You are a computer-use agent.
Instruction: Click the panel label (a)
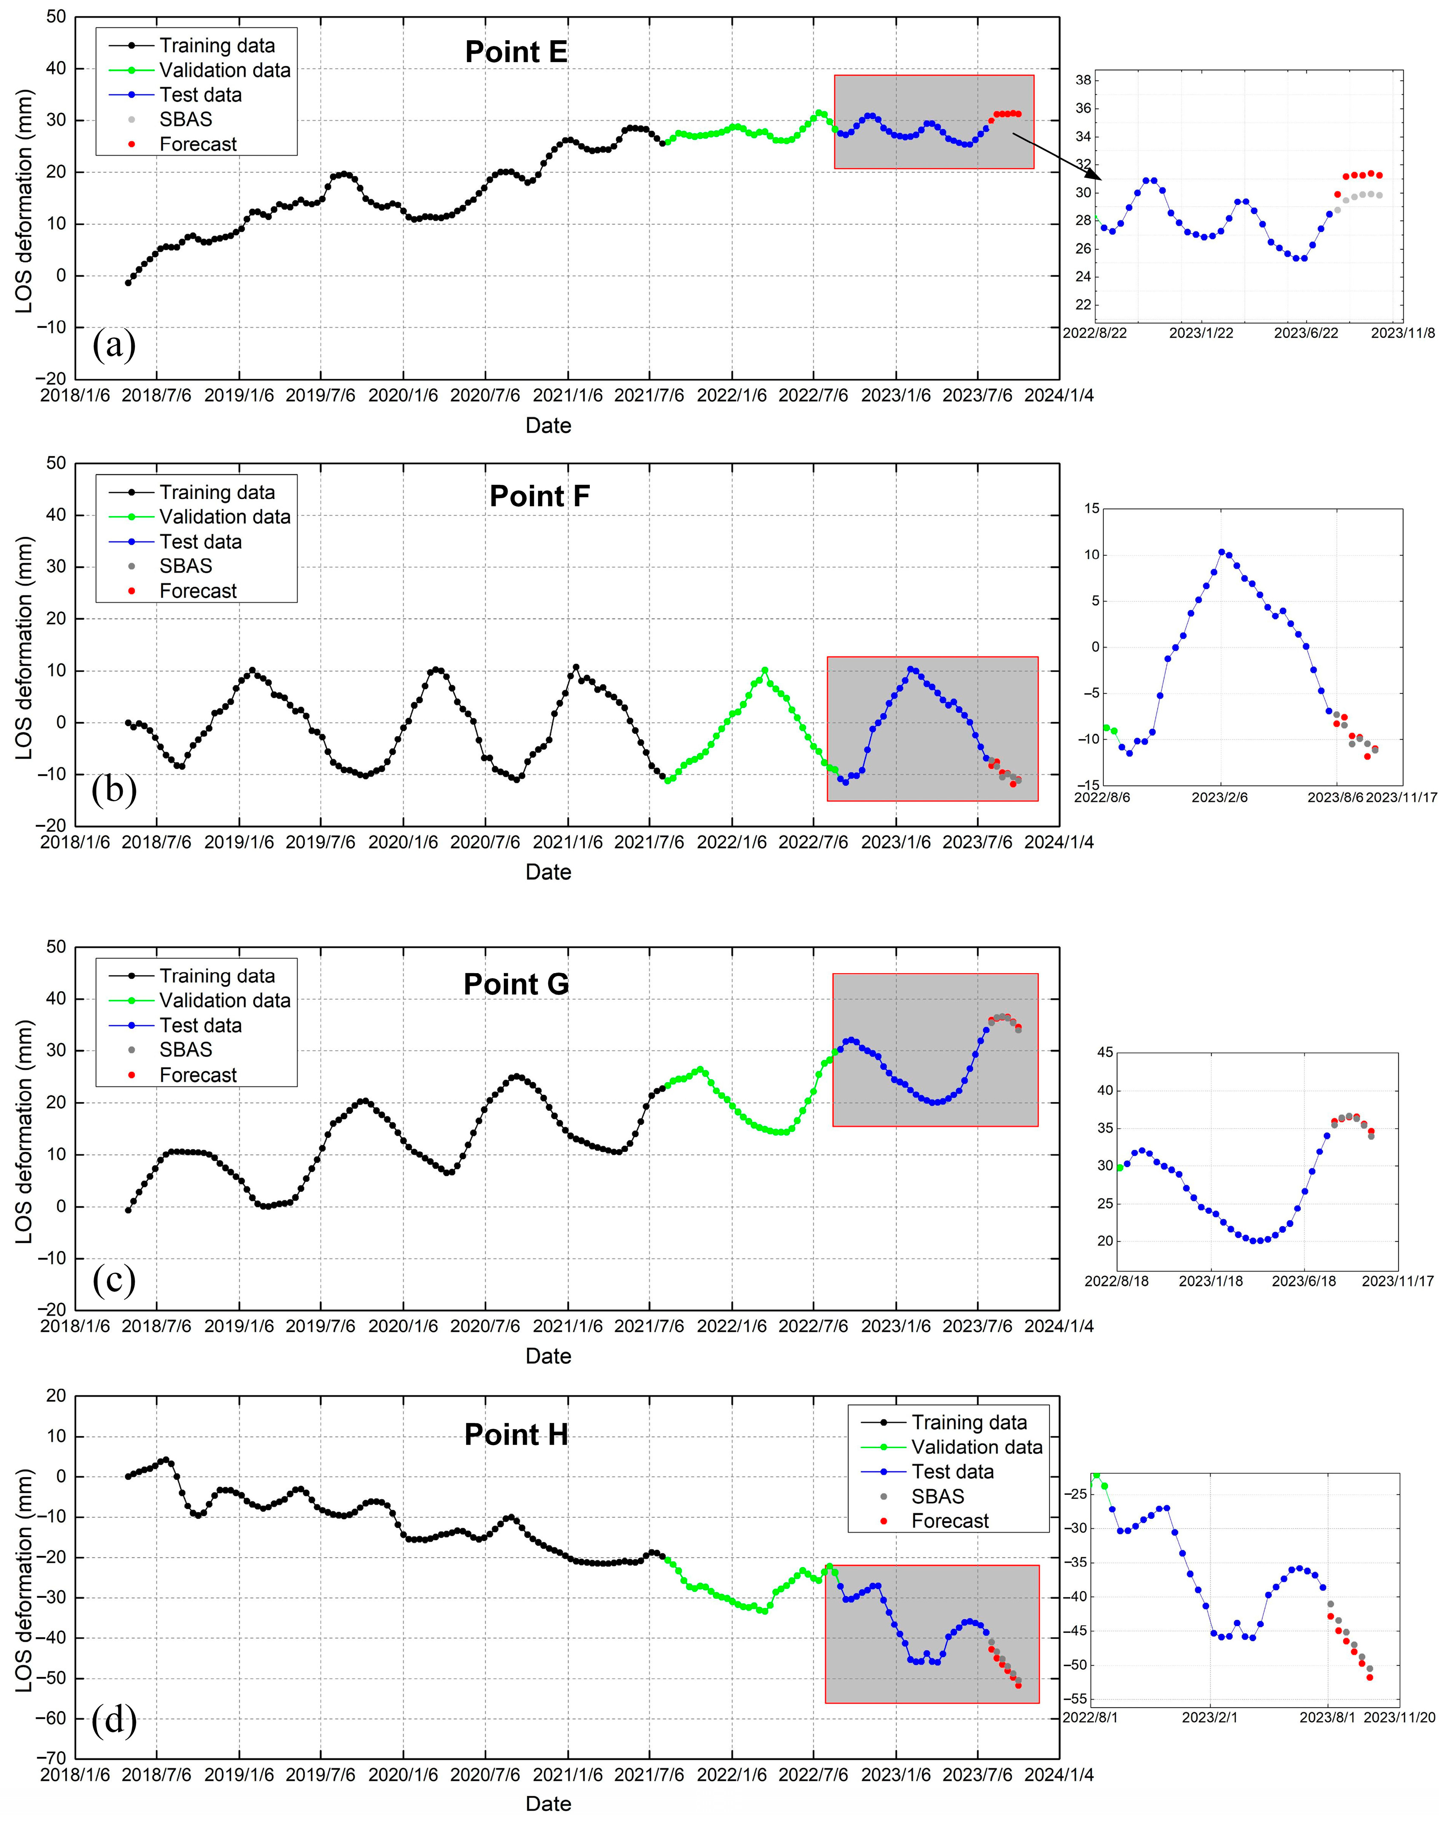coord(113,345)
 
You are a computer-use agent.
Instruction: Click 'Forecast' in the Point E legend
coord(198,145)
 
